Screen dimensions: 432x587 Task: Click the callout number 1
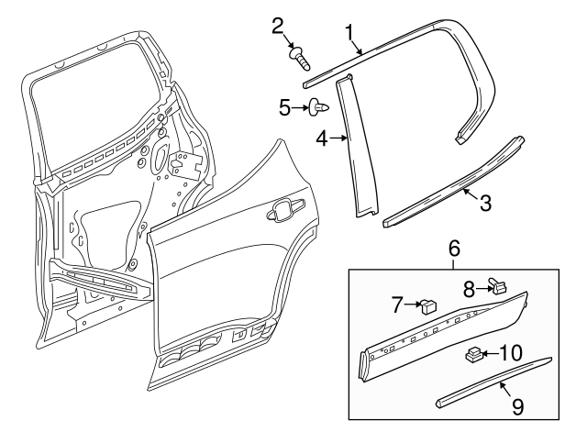click(x=349, y=33)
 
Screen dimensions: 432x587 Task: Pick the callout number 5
click(x=284, y=108)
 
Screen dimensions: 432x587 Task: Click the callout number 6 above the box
click(x=454, y=248)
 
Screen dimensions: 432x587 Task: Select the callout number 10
click(x=512, y=351)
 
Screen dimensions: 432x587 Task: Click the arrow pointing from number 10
click(x=492, y=352)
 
